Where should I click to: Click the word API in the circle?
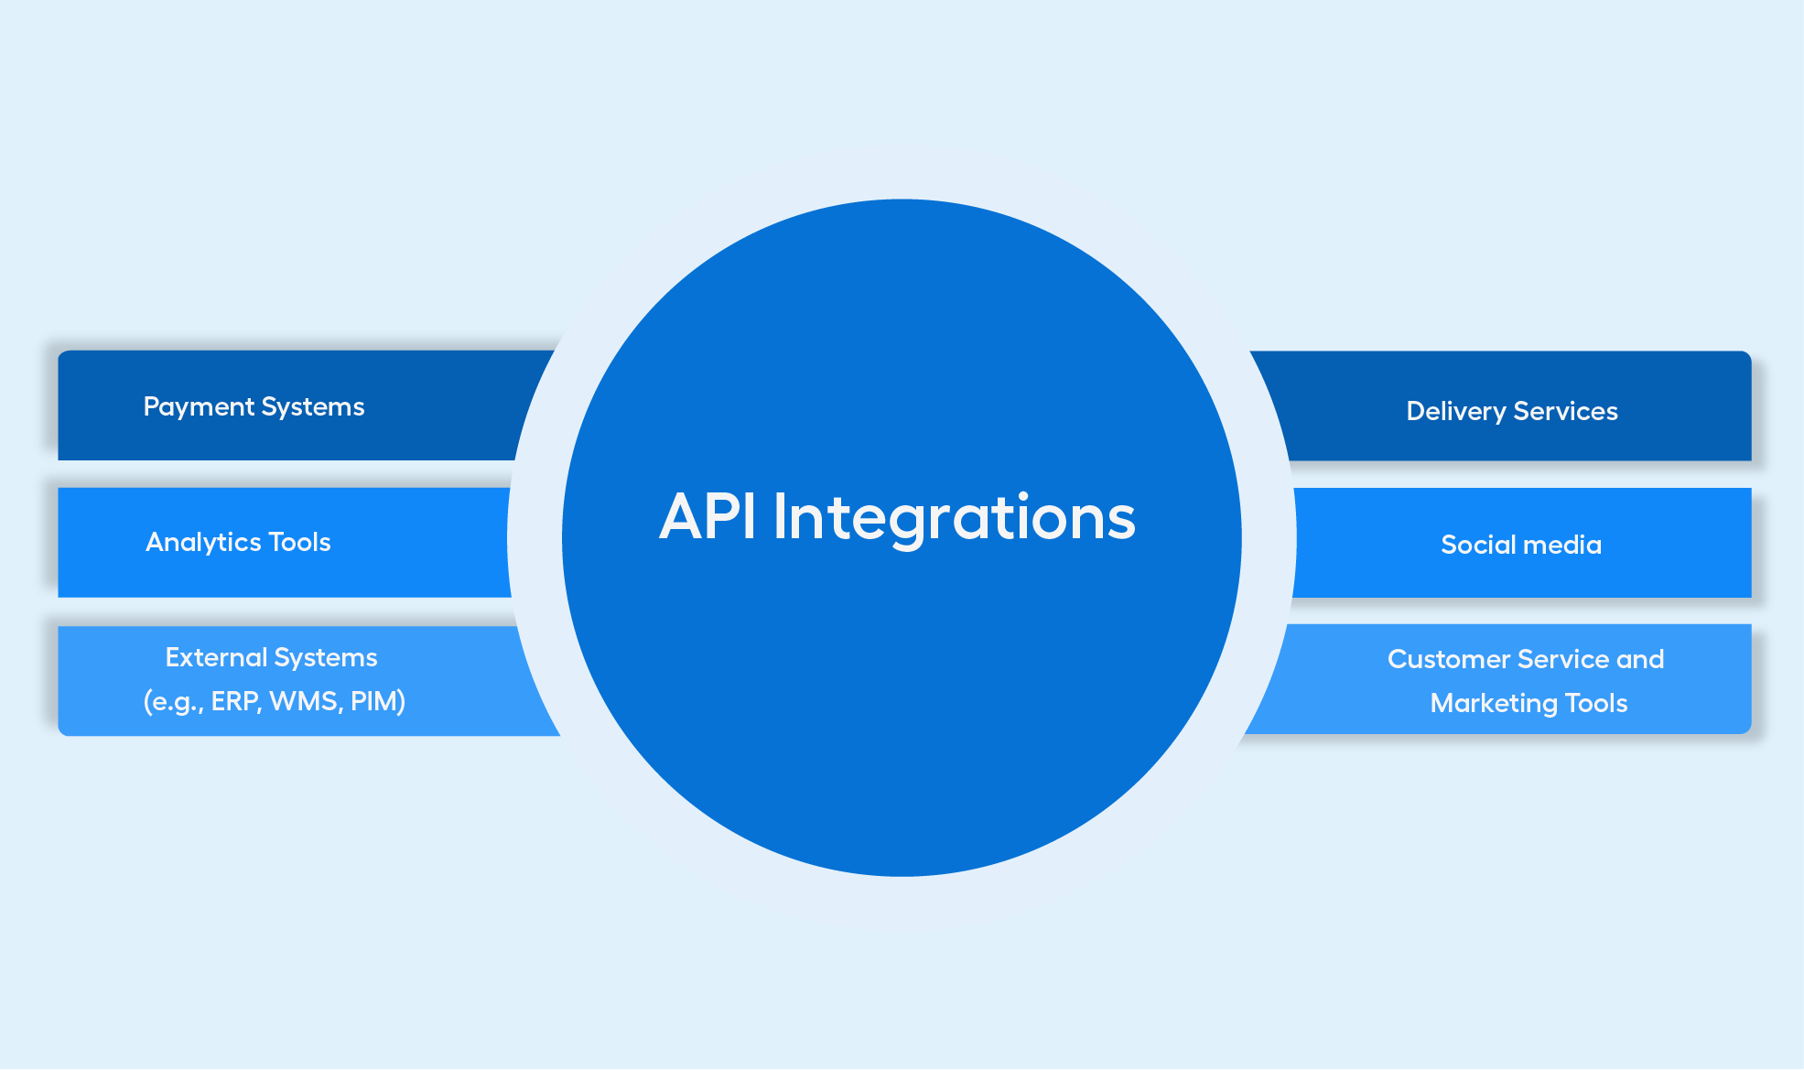click(708, 516)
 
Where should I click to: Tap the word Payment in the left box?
click(199, 407)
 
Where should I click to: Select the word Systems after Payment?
click(313, 407)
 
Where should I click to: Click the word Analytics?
click(204, 543)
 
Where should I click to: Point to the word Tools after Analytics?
click(300, 542)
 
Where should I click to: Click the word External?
click(216, 657)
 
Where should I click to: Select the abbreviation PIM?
click(374, 701)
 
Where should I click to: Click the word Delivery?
click(1456, 412)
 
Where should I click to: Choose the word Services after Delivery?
click(1566, 411)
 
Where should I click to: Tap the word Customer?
click(1449, 659)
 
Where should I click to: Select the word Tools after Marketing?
click(1596, 703)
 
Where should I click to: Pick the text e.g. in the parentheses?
click(174, 702)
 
